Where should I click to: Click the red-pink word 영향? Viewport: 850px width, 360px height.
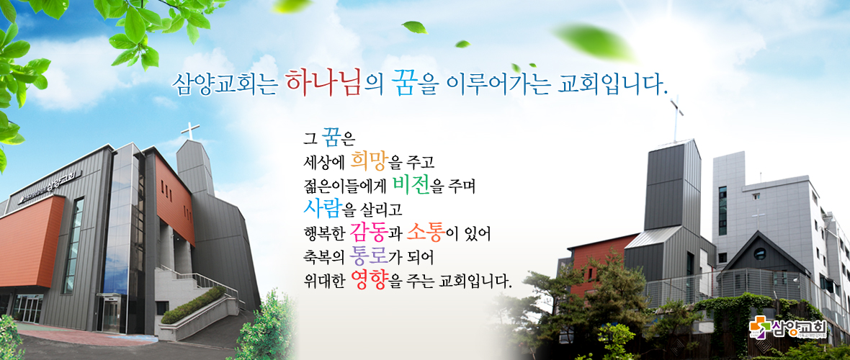click(x=370, y=280)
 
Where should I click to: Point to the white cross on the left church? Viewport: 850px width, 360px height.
click(x=190, y=130)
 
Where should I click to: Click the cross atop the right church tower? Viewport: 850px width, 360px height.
click(x=676, y=117)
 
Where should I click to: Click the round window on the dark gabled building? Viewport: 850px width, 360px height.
click(x=759, y=253)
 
